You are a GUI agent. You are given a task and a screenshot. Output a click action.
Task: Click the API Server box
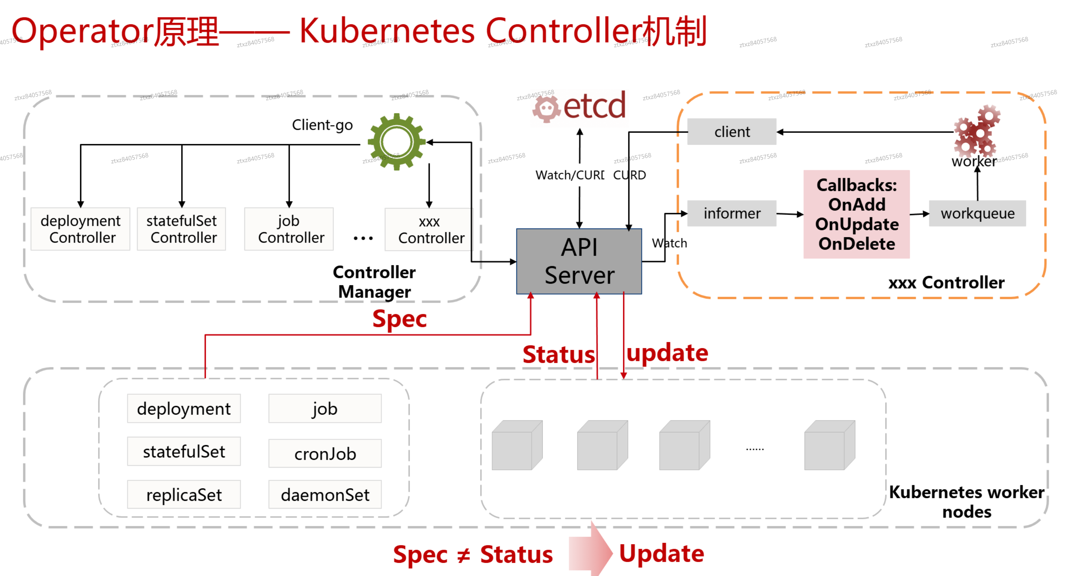[x=579, y=261]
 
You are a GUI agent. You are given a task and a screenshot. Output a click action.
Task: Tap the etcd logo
[x=579, y=107]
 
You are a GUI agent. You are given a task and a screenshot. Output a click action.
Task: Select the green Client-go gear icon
[x=396, y=142]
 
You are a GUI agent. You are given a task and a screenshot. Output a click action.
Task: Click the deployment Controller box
[x=80, y=229]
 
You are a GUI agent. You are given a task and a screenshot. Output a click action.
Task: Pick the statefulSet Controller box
[x=182, y=229]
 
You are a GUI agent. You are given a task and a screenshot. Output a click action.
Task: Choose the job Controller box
[x=289, y=229]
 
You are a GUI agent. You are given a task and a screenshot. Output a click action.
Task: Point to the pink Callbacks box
[x=856, y=214]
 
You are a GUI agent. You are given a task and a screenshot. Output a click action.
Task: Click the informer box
[x=732, y=213]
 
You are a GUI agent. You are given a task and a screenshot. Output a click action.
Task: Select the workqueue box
[x=977, y=213]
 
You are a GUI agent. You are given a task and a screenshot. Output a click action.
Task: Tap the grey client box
[x=732, y=131]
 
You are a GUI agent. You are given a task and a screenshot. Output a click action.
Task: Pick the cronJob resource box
[x=325, y=453]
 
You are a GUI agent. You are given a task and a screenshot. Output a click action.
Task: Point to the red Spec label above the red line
[x=399, y=319]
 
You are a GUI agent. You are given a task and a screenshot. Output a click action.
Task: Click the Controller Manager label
[x=374, y=282]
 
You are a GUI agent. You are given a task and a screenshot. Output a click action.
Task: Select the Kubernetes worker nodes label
[x=966, y=502]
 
